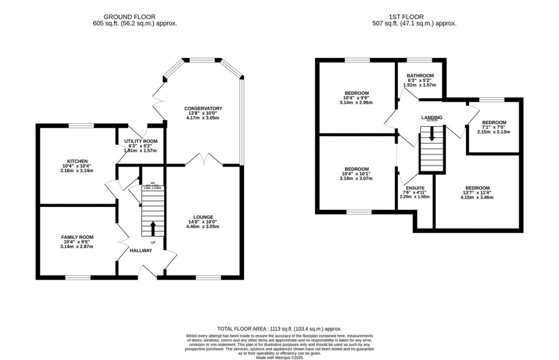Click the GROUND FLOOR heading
tap(135, 16)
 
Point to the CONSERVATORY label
tap(203, 108)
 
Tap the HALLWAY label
tap(141, 250)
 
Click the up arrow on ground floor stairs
tap(152, 227)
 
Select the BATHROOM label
tap(420, 75)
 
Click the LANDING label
tap(431, 117)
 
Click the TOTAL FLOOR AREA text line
tap(279, 329)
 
